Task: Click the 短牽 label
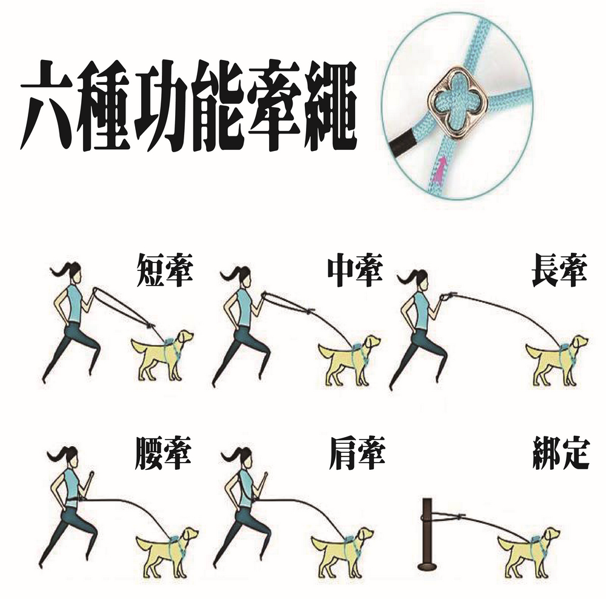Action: coord(165,270)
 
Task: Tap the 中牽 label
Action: coord(355,270)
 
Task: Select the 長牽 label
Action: coord(559,270)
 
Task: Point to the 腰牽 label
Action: coord(163,453)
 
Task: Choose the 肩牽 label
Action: coord(357,453)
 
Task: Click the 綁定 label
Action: coord(561,453)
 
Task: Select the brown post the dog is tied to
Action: coord(427,535)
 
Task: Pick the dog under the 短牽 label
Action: coord(162,354)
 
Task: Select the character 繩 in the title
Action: coord(330,105)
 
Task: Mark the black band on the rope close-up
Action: coord(402,144)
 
